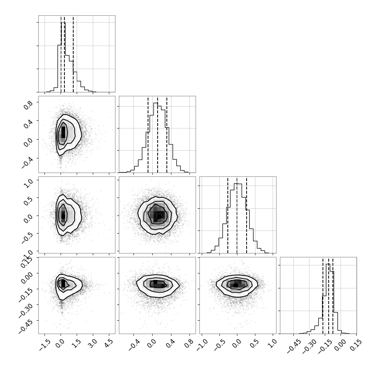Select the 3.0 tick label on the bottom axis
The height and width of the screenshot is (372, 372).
[92, 343]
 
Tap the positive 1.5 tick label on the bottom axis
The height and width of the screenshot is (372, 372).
[76, 343]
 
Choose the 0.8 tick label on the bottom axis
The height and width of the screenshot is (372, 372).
[189, 343]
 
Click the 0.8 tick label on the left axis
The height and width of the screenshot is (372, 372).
[28, 105]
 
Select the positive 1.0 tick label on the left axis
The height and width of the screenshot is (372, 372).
[28, 183]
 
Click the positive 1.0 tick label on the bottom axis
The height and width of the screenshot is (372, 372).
[272, 343]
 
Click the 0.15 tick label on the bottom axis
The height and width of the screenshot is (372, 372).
[356, 344]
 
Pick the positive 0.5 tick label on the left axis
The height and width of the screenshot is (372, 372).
[28, 200]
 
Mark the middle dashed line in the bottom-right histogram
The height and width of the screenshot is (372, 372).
[329, 295]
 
